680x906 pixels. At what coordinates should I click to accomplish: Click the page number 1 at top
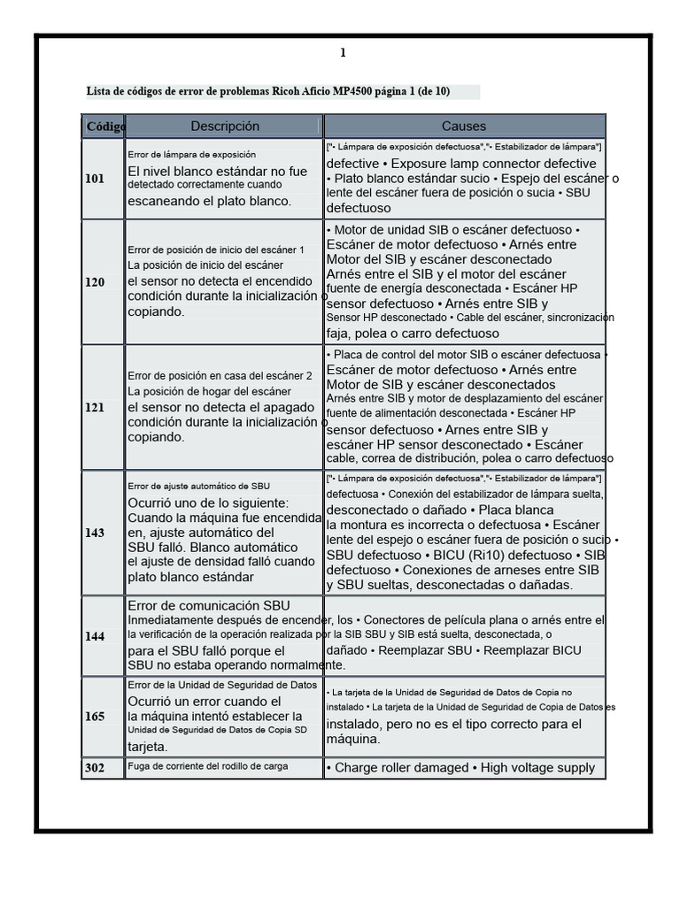pos(343,53)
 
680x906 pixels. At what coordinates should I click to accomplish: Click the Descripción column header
pos(225,127)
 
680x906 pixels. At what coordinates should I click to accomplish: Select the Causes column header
pos(464,127)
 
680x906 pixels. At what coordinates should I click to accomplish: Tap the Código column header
pos(104,127)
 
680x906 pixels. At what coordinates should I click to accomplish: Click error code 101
pos(95,179)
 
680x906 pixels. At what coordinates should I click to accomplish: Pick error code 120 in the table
pos(95,282)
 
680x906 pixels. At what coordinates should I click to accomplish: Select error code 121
pos(95,408)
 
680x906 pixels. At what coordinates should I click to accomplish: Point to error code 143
pos(95,533)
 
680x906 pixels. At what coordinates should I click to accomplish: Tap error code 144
pos(95,636)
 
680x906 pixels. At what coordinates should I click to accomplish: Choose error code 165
pos(95,716)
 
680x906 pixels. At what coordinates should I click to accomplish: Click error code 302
pos(95,768)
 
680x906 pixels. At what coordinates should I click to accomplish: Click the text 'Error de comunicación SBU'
pos(209,605)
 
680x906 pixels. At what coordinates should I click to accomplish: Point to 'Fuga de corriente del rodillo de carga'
pos(208,766)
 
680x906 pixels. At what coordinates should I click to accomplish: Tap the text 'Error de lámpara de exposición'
pos(192,154)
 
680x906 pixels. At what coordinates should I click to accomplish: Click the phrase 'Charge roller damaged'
pos(402,768)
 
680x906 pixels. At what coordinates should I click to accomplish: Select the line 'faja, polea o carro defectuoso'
pos(413,334)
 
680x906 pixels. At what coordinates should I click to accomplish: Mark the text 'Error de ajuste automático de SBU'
pos(199,486)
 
